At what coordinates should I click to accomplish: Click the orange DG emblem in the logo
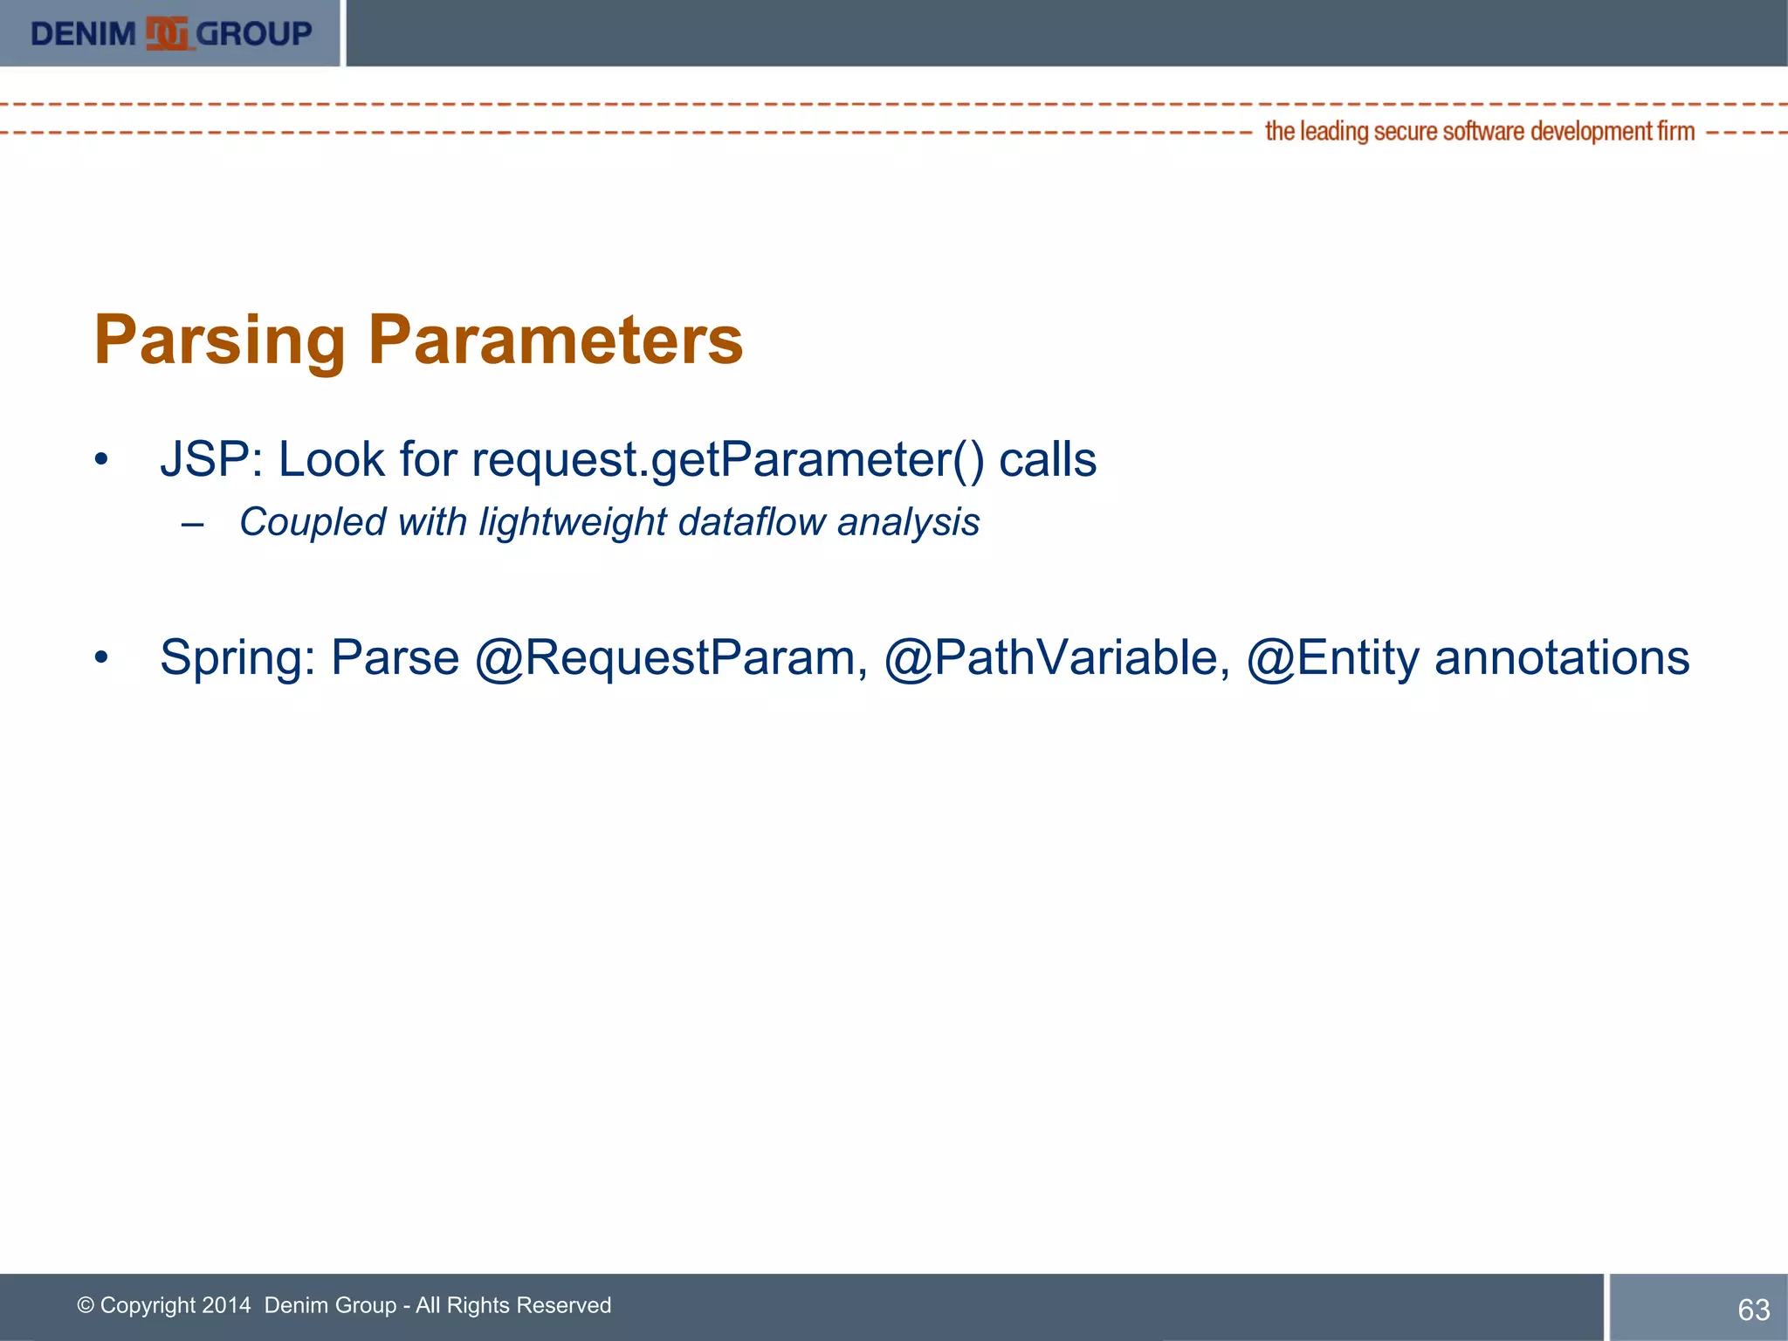(167, 34)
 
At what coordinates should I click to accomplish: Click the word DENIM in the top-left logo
(83, 34)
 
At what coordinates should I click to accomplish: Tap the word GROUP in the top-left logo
(254, 34)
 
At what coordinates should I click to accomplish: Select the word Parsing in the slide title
(221, 340)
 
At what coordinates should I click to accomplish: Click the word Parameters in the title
(555, 340)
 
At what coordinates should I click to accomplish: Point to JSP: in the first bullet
(211, 459)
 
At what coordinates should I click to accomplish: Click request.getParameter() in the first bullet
(727, 461)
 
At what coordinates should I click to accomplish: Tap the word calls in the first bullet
(1047, 459)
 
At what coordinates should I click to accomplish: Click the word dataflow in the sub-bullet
(751, 522)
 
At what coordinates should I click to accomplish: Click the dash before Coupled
(193, 525)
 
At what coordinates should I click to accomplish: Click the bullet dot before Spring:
(102, 657)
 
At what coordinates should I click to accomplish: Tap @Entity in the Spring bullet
(1332, 658)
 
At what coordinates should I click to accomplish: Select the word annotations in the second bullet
(1562, 657)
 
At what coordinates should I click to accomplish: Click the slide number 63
(1753, 1310)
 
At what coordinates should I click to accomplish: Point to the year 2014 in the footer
(226, 1305)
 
